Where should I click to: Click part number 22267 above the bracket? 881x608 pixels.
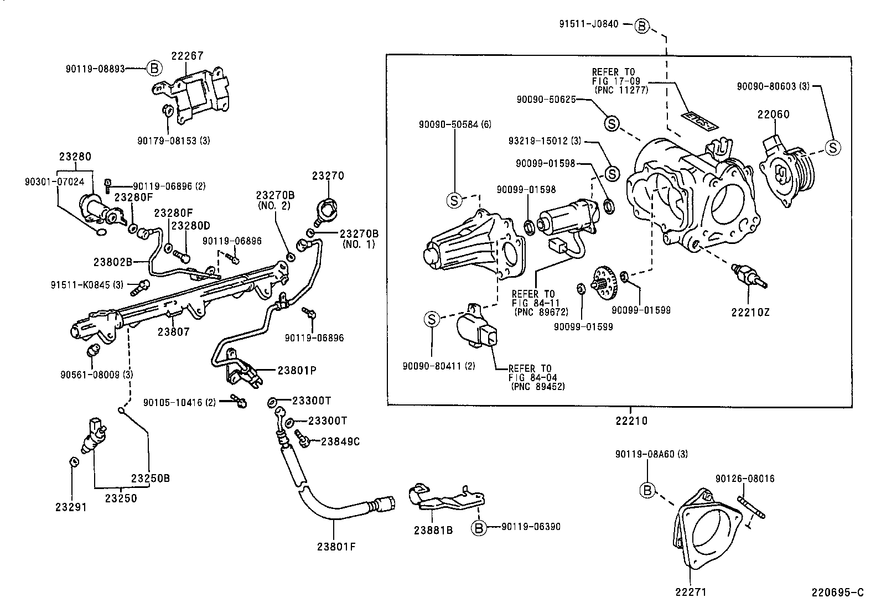[x=187, y=56]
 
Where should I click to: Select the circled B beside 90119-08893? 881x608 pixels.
[x=154, y=69]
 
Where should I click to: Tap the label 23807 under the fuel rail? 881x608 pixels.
[x=173, y=332]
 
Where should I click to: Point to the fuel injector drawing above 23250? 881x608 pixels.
[x=94, y=437]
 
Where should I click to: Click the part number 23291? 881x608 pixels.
[x=71, y=506]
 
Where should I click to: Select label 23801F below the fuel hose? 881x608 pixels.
[x=336, y=547]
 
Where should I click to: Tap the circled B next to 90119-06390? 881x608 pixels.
[x=479, y=527]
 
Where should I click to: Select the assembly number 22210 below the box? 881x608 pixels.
[x=631, y=421]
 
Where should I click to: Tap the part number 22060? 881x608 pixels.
[x=773, y=115]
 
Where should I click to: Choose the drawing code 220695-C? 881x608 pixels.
[x=837, y=593]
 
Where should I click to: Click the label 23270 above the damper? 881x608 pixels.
[x=328, y=176]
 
